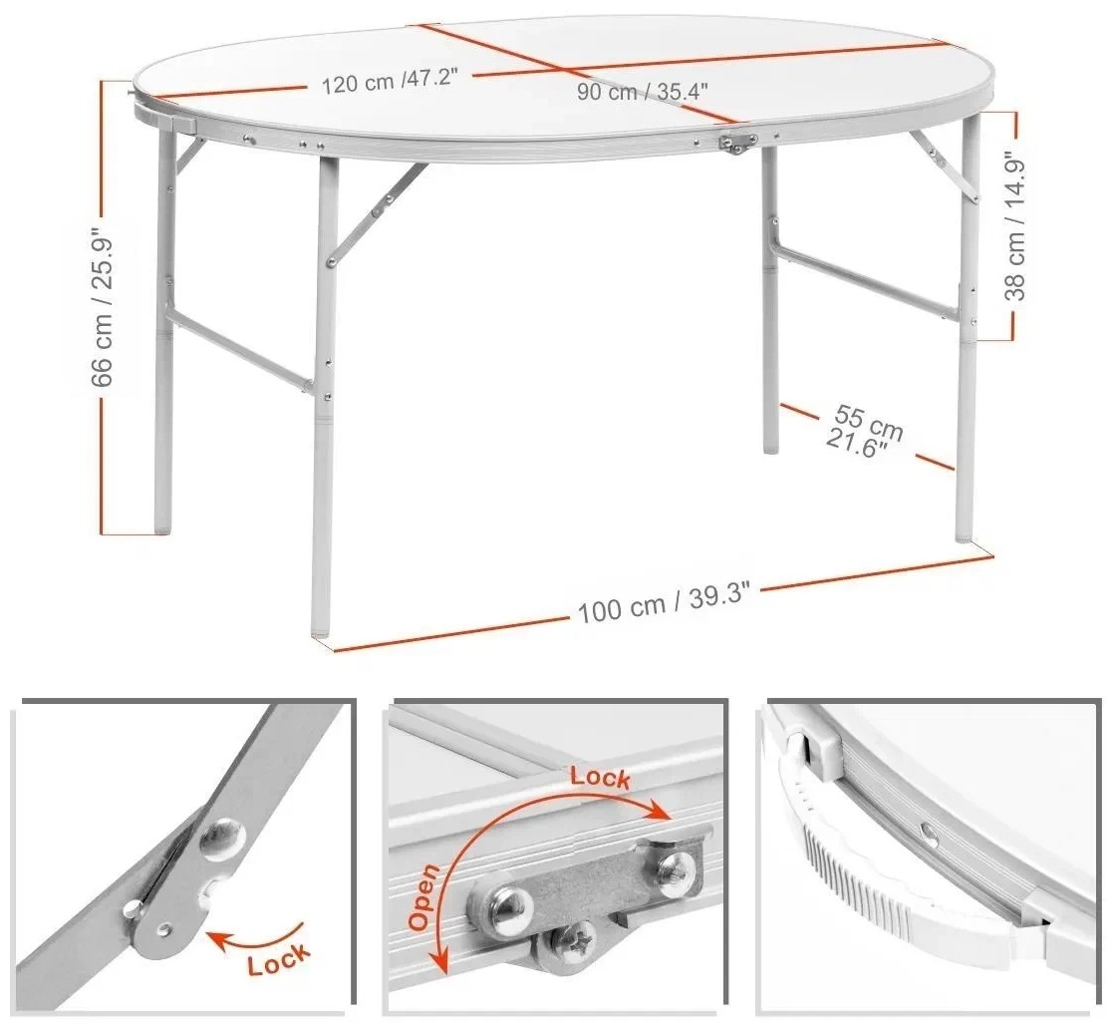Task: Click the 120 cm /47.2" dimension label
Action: [x=389, y=81]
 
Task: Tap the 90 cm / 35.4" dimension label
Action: [x=642, y=91]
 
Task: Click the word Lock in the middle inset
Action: [x=600, y=777]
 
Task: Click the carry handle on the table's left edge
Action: [x=162, y=115]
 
